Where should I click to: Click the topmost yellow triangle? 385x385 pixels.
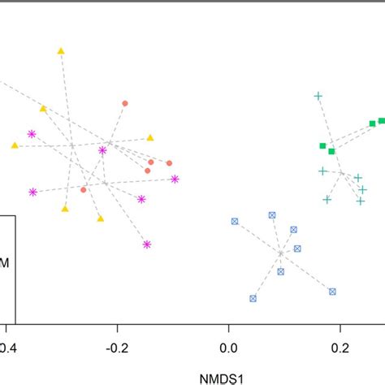tap(61, 51)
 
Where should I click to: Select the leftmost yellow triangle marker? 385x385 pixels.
tap(15, 145)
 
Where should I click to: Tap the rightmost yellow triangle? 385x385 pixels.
tap(150, 138)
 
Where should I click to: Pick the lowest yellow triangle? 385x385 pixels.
tap(101, 218)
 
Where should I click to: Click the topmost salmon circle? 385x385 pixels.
tap(124, 103)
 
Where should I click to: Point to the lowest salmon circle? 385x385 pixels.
tap(84, 189)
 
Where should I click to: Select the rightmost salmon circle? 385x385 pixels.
tap(169, 162)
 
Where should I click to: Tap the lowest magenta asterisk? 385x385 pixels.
tap(147, 244)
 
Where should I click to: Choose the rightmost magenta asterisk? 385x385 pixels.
tap(175, 180)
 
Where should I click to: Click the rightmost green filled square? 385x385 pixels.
tap(382, 120)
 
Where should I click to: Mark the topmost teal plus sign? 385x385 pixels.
tap(318, 96)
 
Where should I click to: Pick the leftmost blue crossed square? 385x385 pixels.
tap(235, 221)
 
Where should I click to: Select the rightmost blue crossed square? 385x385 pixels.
tap(332, 291)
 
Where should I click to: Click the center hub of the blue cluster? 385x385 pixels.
tap(280, 253)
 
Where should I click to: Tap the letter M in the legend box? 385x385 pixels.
tap(6, 262)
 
